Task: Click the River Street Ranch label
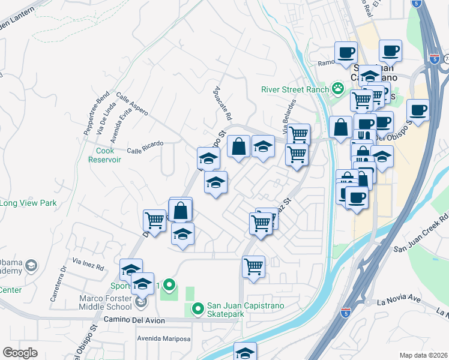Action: point(295,90)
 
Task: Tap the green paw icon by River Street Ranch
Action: point(338,89)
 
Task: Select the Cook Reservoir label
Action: point(105,155)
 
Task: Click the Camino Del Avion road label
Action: point(133,320)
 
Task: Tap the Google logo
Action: point(20,353)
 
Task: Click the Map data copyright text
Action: point(424,355)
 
